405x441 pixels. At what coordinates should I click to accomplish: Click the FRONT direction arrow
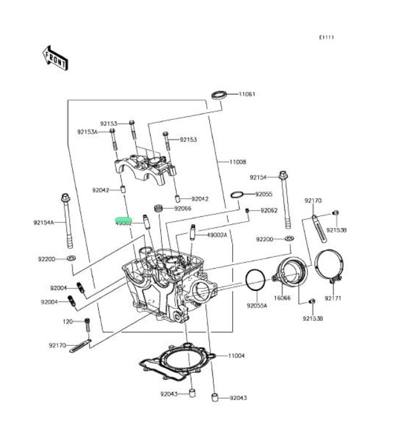pos(55,57)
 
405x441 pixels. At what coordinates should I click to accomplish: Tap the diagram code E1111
pos(326,38)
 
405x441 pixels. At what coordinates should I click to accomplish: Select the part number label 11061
pos(247,94)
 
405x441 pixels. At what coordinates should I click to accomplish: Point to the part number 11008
pos(238,162)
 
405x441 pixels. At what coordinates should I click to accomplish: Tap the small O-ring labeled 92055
pos(236,195)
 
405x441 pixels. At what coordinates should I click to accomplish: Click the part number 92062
pos(269,211)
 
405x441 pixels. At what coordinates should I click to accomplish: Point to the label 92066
pos(183,209)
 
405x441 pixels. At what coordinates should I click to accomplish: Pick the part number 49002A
pos(217,235)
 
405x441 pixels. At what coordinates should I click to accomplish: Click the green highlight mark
pos(124,219)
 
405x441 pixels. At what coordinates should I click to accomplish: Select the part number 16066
pos(282,298)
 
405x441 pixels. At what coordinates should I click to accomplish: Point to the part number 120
pos(67,322)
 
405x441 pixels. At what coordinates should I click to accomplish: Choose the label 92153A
pos(88,132)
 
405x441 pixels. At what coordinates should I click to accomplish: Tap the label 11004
pos(236,356)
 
